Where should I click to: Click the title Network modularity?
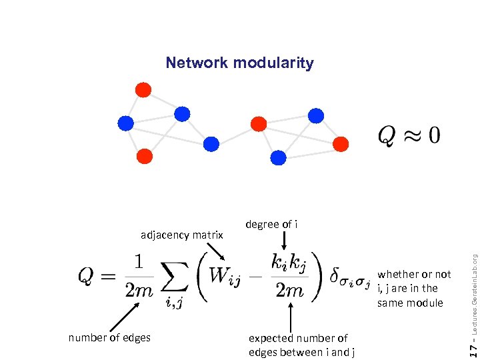point(239,63)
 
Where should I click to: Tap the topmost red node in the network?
point(143,90)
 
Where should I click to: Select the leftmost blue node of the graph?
point(125,123)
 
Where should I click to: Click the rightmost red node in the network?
point(341,143)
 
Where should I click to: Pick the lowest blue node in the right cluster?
point(279,157)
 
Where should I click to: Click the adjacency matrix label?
point(181,235)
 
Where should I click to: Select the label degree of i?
point(271,224)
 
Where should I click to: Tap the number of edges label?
point(109,337)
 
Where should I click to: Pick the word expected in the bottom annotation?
point(271,338)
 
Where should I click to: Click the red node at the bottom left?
point(144,157)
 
